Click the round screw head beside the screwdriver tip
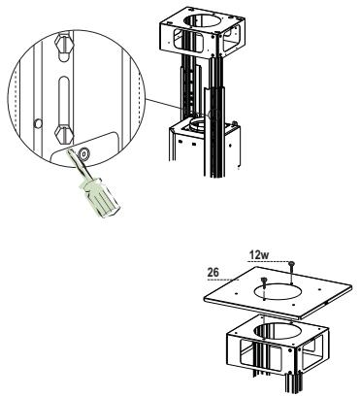tap(84, 152)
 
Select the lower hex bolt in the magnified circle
tap(62, 135)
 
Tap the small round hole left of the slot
tap(36, 122)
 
